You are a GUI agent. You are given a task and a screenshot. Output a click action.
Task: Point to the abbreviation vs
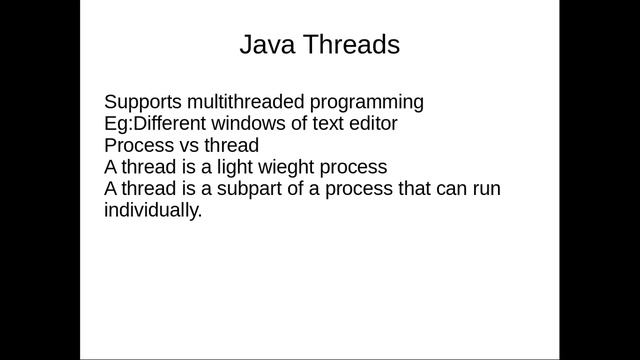click(x=187, y=146)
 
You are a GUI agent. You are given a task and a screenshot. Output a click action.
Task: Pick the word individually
click(x=153, y=212)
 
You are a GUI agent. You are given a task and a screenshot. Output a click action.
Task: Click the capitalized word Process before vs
click(x=138, y=146)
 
